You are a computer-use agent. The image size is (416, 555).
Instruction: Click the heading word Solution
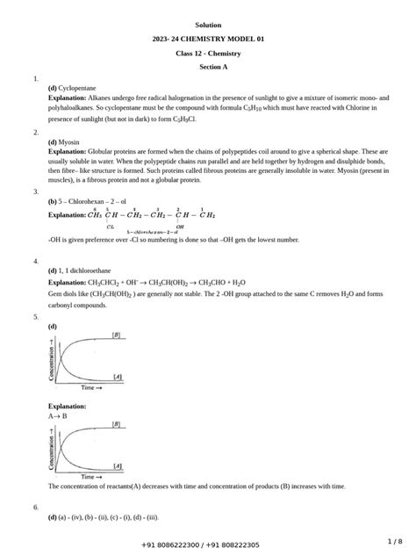coord(208,25)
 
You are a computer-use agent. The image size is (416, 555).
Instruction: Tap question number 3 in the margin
coord(35,191)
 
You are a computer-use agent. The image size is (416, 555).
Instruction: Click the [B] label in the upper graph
coord(116,335)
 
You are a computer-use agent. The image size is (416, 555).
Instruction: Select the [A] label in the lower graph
coord(116,466)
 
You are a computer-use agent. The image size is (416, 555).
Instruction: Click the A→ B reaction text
coord(57,416)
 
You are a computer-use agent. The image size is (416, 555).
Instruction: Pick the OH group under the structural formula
coord(179,226)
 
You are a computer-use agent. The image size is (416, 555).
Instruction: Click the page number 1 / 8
coord(392,541)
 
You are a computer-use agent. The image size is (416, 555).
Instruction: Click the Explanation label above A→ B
coord(68,407)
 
